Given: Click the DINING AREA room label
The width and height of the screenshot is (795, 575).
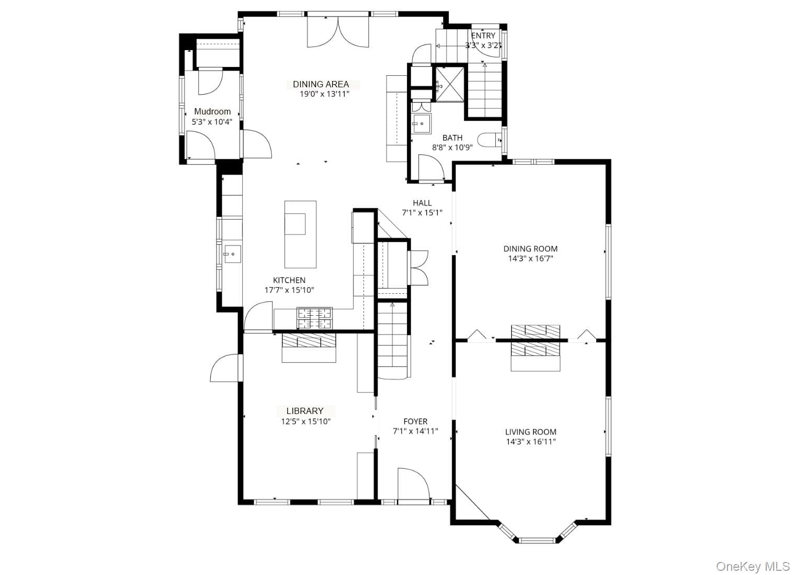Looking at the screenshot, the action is click(321, 85).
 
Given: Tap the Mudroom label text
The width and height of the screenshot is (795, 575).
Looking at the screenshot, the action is click(212, 111).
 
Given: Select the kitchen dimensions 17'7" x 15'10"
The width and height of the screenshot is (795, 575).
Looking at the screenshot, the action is click(289, 290).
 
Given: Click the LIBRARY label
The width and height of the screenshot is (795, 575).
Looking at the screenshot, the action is click(305, 411).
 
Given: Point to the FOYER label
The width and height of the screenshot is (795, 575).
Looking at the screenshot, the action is click(415, 421).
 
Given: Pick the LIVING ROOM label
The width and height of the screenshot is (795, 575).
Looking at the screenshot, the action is click(530, 432).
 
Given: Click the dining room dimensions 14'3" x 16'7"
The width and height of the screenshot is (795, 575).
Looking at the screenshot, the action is click(530, 259).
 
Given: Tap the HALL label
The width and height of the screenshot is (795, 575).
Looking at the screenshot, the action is click(422, 203).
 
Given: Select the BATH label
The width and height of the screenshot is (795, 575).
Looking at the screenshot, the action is click(452, 137).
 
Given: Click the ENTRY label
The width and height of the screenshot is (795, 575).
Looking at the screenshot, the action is click(483, 36).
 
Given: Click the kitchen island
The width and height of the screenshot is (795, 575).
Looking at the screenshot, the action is click(300, 234).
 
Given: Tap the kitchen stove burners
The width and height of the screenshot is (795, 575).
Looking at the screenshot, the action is click(314, 318).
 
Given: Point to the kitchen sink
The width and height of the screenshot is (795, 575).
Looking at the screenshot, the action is click(232, 254).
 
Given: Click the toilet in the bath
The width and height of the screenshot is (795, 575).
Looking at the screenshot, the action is click(490, 140).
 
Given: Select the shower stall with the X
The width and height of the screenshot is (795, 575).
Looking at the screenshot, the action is click(450, 85).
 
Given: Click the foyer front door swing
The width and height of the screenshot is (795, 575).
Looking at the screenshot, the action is click(414, 486).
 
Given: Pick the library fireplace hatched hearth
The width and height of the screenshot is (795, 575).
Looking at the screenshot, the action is click(309, 340).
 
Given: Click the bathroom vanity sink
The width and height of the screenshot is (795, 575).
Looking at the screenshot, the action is click(421, 124).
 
